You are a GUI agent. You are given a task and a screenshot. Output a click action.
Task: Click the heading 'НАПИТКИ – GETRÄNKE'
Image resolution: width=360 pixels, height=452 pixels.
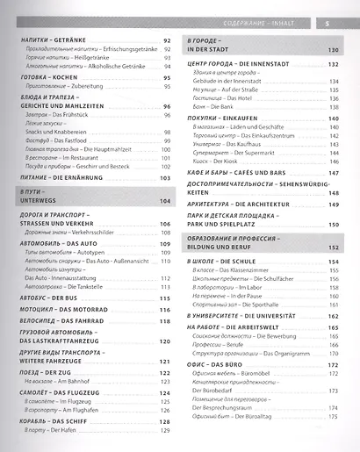[51, 41]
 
